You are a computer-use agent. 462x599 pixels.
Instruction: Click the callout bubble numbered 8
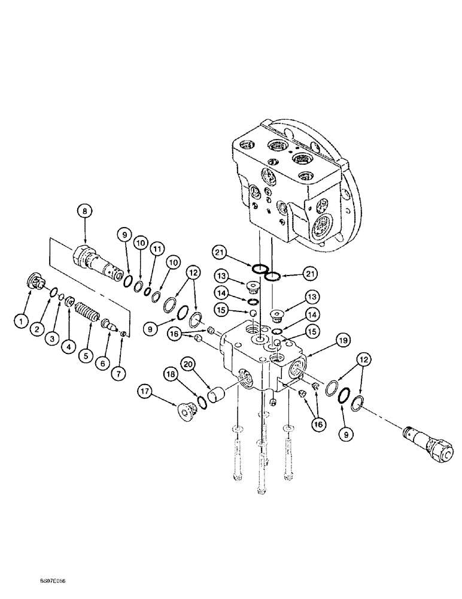[84, 210]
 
